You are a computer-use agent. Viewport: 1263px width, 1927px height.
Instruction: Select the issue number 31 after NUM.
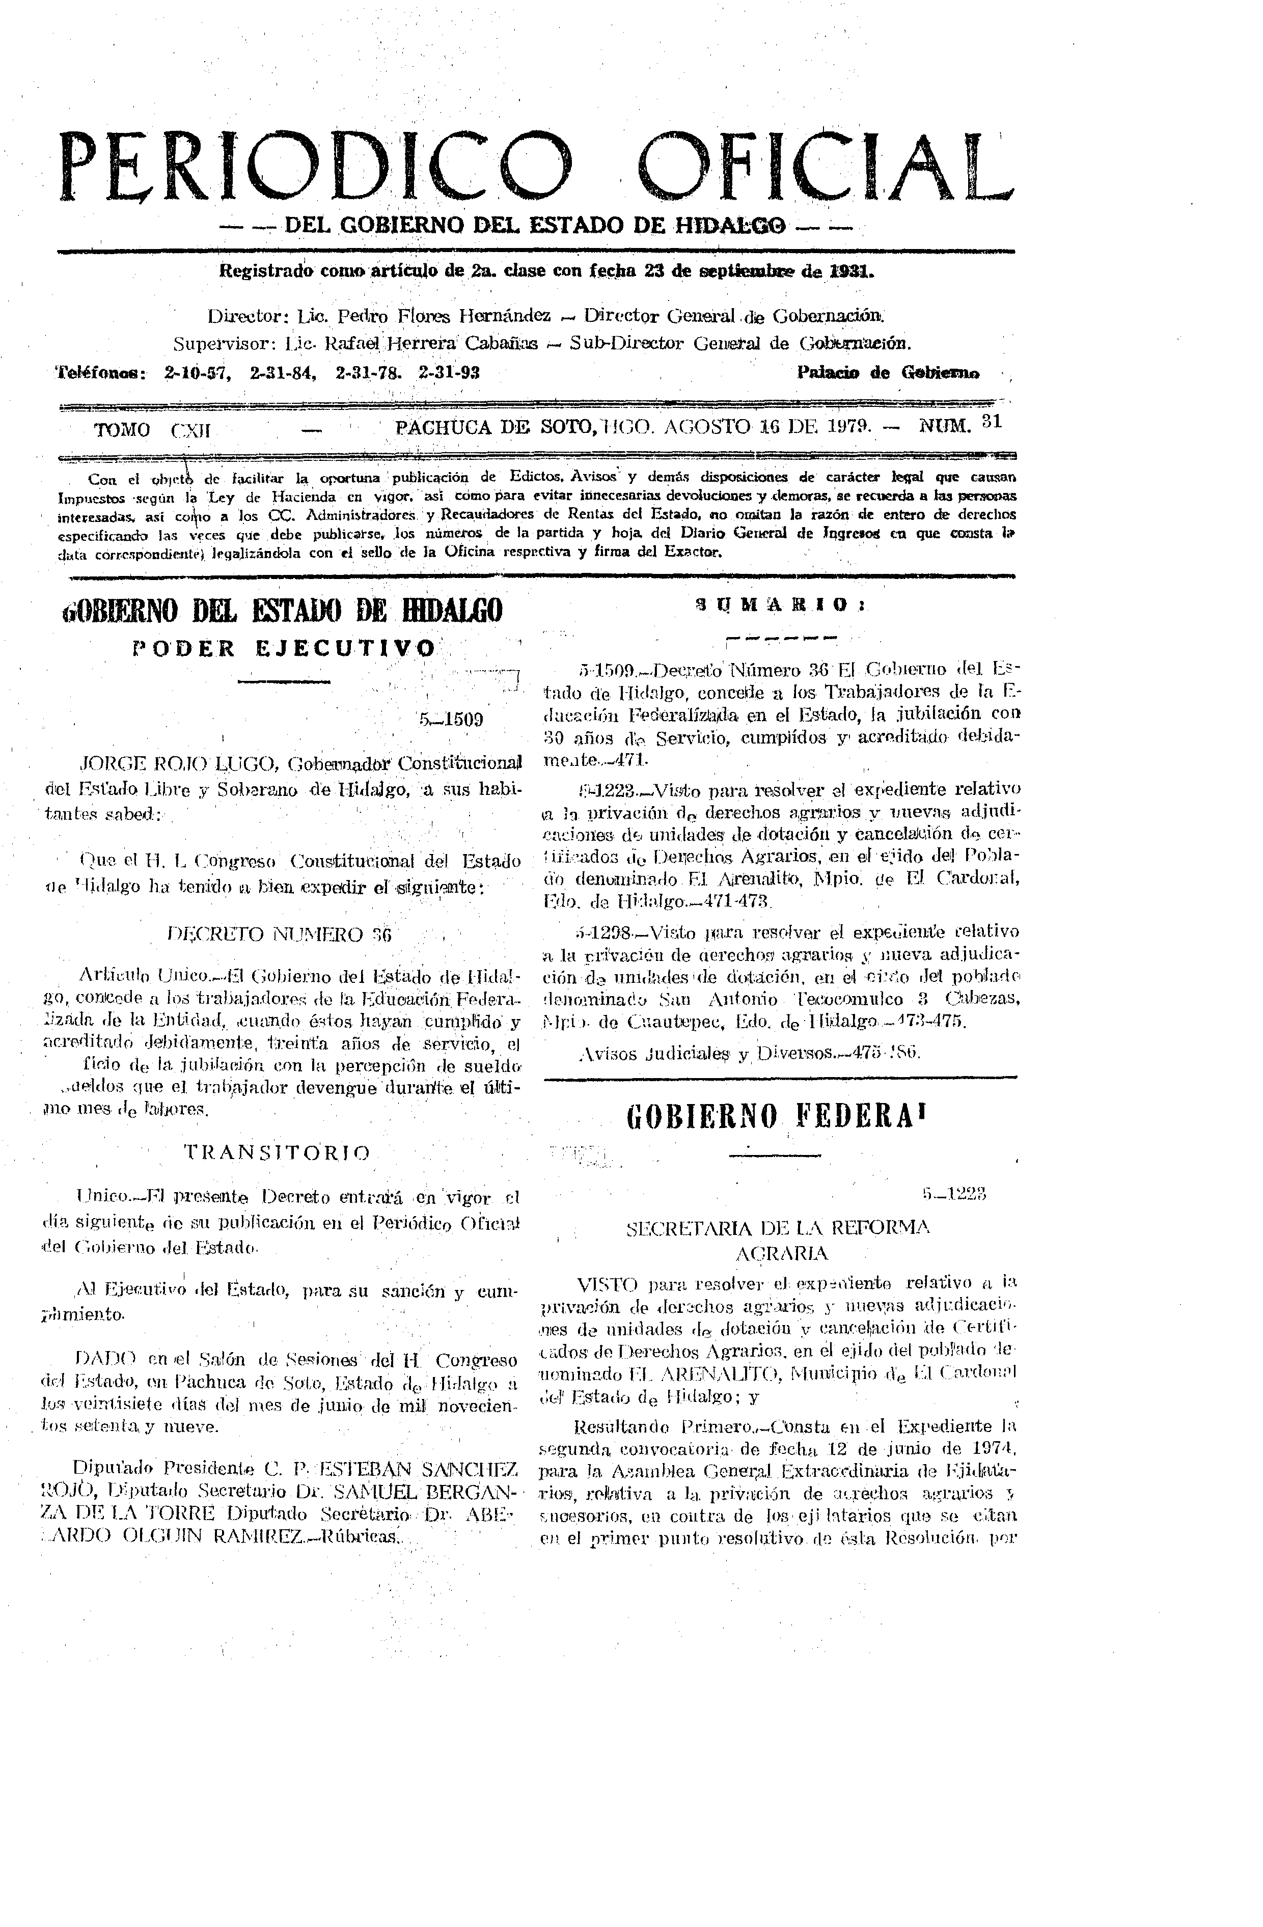coord(991,421)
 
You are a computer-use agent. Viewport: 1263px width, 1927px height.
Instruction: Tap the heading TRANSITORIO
coord(279,1152)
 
